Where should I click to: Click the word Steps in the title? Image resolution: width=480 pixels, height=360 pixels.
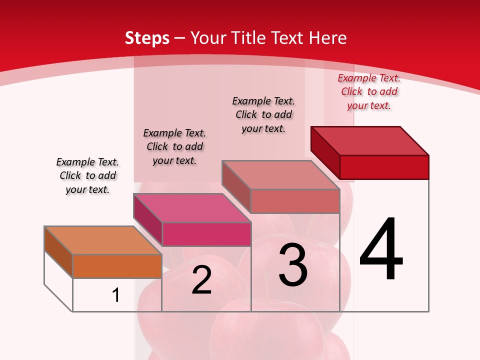point(147,38)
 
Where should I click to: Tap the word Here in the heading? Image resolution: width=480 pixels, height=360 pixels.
point(327,38)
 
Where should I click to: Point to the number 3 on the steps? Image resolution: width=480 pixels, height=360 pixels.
point(292,265)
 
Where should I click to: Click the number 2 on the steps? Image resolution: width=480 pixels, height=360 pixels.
point(201,280)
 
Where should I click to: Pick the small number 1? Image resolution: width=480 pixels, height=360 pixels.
point(116,295)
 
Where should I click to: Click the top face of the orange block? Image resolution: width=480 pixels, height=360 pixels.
point(102,240)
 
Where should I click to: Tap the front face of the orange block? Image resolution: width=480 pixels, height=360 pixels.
point(117,266)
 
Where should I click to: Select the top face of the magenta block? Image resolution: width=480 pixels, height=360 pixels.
point(191,208)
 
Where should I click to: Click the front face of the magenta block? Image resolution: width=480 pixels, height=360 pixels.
point(206,234)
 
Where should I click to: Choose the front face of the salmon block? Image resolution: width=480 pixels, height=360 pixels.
point(295,201)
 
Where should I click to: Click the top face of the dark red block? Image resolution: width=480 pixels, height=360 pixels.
point(370,141)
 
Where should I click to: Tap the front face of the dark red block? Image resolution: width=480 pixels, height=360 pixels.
point(384,167)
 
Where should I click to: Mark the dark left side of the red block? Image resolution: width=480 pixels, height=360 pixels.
point(325,152)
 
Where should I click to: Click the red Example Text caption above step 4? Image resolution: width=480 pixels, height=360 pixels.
point(369,91)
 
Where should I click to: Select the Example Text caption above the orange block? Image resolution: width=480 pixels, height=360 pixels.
point(87,175)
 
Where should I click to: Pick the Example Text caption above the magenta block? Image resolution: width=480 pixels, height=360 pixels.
point(174,146)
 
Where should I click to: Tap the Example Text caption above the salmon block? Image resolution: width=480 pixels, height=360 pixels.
point(263,114)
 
